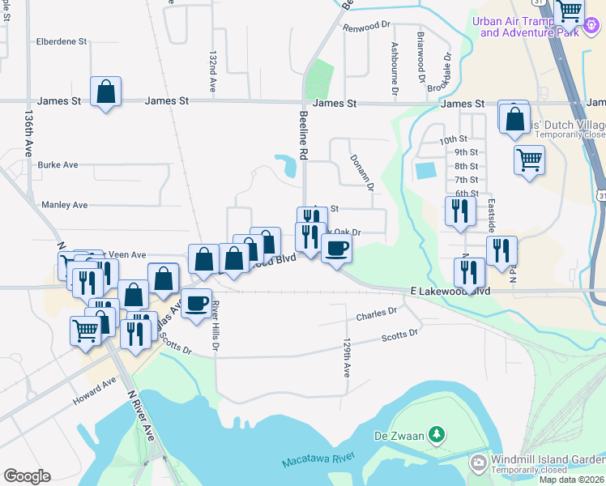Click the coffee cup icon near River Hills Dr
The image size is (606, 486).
click(x=195, y=304)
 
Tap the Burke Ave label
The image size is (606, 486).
click(x=58, y=164)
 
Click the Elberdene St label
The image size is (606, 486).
click(x=62, y=41)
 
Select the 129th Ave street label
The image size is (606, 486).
click(x=347, y=357)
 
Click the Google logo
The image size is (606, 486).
click(x=27, y=476)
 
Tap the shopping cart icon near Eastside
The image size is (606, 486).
click(x=528, y=159)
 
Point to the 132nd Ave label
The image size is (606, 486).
click(x=214, y=72)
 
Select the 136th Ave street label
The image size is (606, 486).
click(x=28, y=134)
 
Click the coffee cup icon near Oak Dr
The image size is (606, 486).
click(x=337, y=247)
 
